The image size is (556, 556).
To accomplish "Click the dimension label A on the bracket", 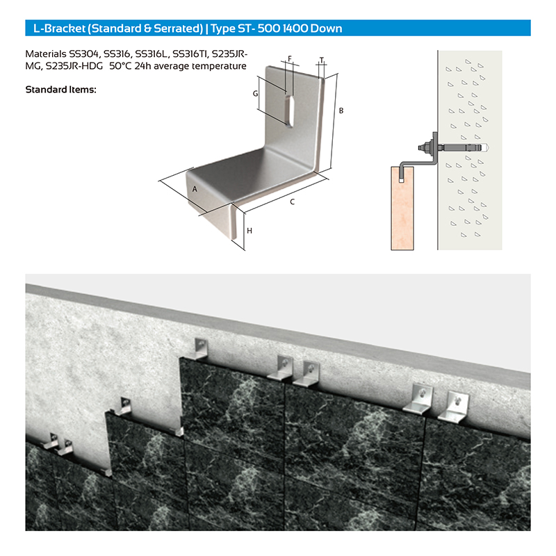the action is [x=195, y=189].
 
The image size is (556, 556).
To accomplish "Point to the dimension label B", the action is [x=341, y=111].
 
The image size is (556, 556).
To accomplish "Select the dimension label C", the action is [x=292, y=202].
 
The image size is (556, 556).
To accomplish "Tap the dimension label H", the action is [x=250, y=231].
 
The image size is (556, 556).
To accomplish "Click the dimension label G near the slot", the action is [x=255, y=94].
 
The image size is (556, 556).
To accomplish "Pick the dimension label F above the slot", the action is [x=290, y=59].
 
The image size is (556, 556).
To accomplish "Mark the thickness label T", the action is [x=322, y=60].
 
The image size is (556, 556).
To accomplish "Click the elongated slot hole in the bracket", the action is [x=290, y=110].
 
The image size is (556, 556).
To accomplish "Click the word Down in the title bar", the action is [x=326, y=28].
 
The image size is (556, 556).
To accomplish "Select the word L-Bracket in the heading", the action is [x=60, y=28].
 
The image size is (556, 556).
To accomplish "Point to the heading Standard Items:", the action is [x=60, y=90].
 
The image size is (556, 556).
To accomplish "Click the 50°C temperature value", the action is [x=120, y=66].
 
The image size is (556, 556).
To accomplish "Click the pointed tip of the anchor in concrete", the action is [x=489, y=146].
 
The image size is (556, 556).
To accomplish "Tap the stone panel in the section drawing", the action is [x=402, y=208].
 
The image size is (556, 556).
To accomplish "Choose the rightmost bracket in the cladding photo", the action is [x=454, y=407].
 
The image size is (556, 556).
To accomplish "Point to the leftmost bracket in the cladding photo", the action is [x=51, y=441].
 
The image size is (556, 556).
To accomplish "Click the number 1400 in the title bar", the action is [x=295, y=28].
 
